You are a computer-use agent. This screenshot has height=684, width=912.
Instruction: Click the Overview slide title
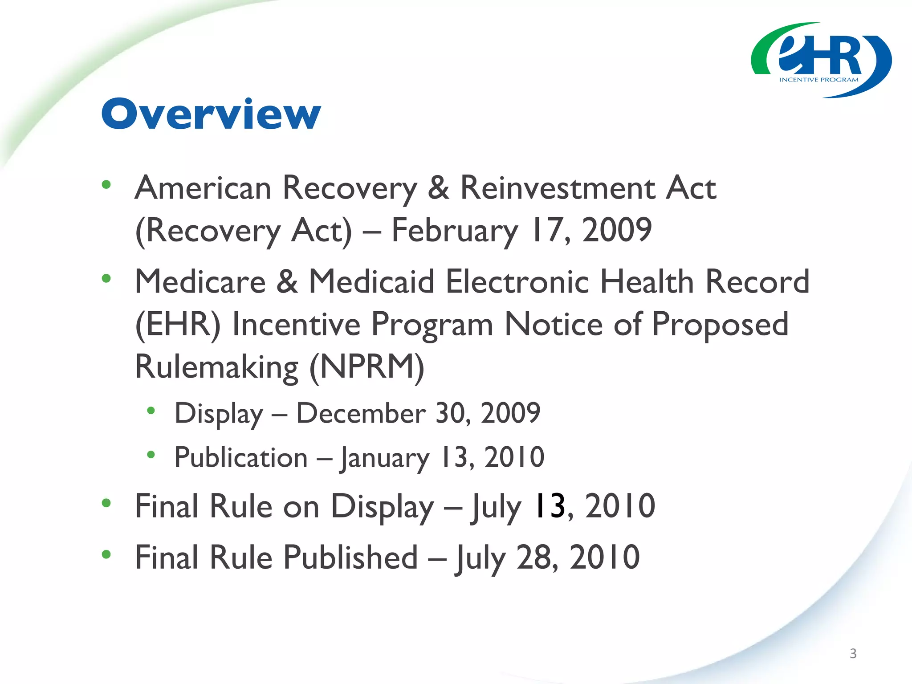[211, 114]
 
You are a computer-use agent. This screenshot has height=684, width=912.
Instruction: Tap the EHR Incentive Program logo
[821, 60]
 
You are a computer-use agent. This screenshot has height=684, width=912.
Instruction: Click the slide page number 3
[853, 653]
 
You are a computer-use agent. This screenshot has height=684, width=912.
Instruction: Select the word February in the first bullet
[455, 231]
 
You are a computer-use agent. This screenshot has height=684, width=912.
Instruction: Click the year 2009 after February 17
[617, 230]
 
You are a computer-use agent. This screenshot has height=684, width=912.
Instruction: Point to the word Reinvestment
[557, 187]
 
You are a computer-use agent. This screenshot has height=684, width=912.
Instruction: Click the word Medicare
[200, 282]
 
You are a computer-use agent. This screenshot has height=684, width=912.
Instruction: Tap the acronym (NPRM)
[366, 367]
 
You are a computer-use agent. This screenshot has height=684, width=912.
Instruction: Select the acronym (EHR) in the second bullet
[178, 325]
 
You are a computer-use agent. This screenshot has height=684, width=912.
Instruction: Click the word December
[361, 413]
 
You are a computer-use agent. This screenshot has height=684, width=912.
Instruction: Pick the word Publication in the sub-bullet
[241, 457]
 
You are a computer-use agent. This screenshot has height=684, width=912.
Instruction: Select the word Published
[350, 557]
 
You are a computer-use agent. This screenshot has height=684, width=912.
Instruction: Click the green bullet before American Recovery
[106, 184]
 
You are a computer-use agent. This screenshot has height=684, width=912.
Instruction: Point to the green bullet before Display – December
[151, 411]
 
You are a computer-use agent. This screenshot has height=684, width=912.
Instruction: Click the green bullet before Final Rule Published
[106, 554]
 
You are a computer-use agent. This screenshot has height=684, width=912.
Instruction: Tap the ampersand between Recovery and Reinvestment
[438, 187]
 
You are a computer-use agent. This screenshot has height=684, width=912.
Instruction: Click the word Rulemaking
[216, 367]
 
